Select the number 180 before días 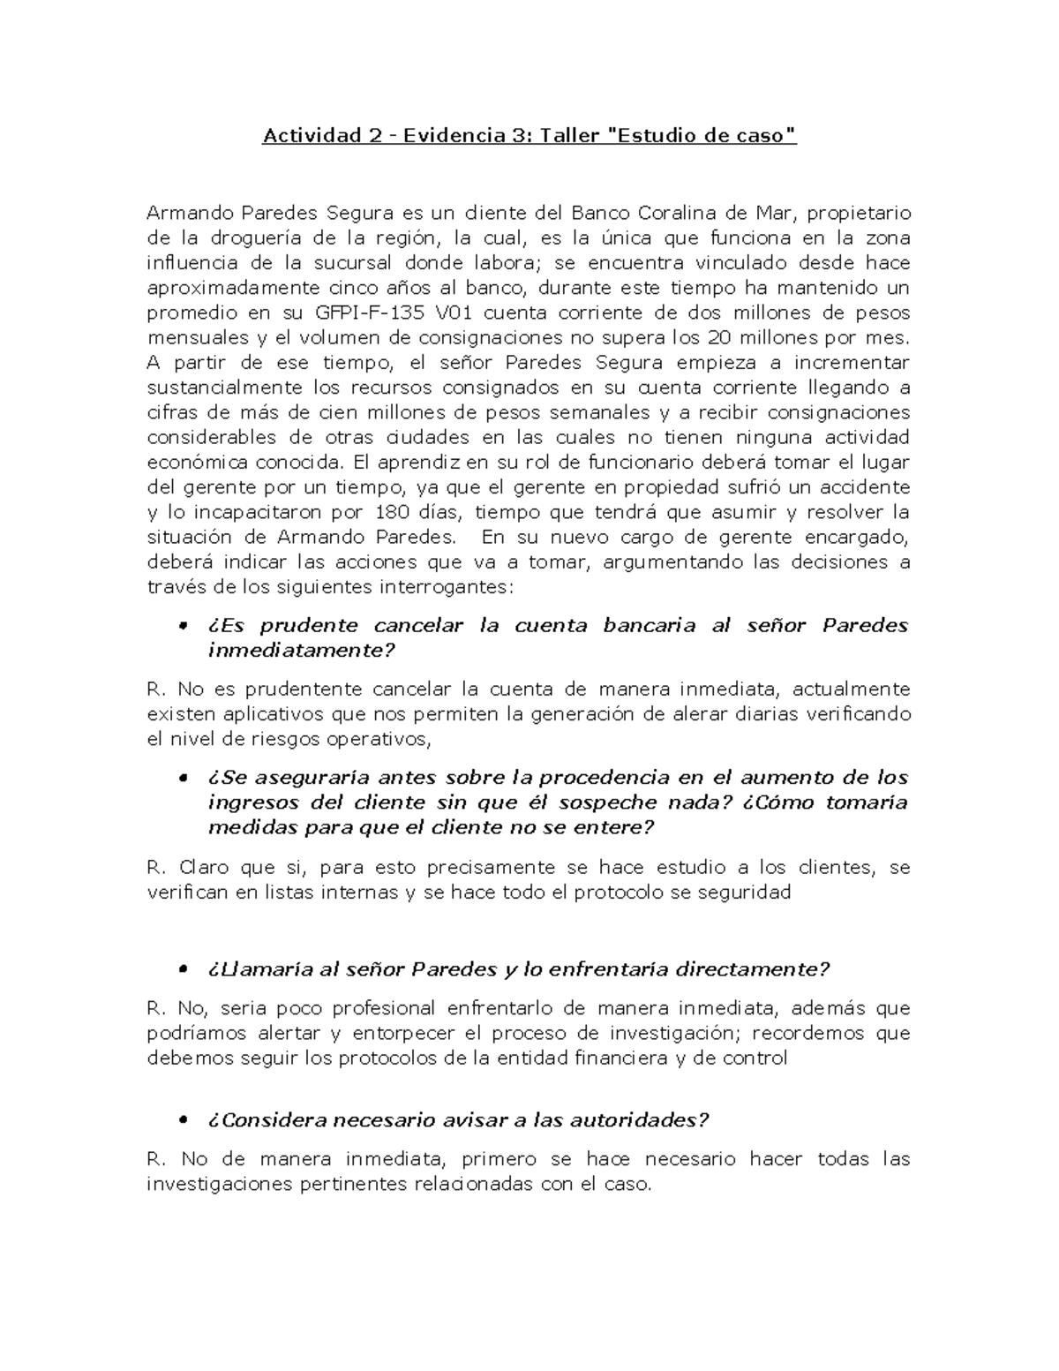[x=391, y=513]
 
